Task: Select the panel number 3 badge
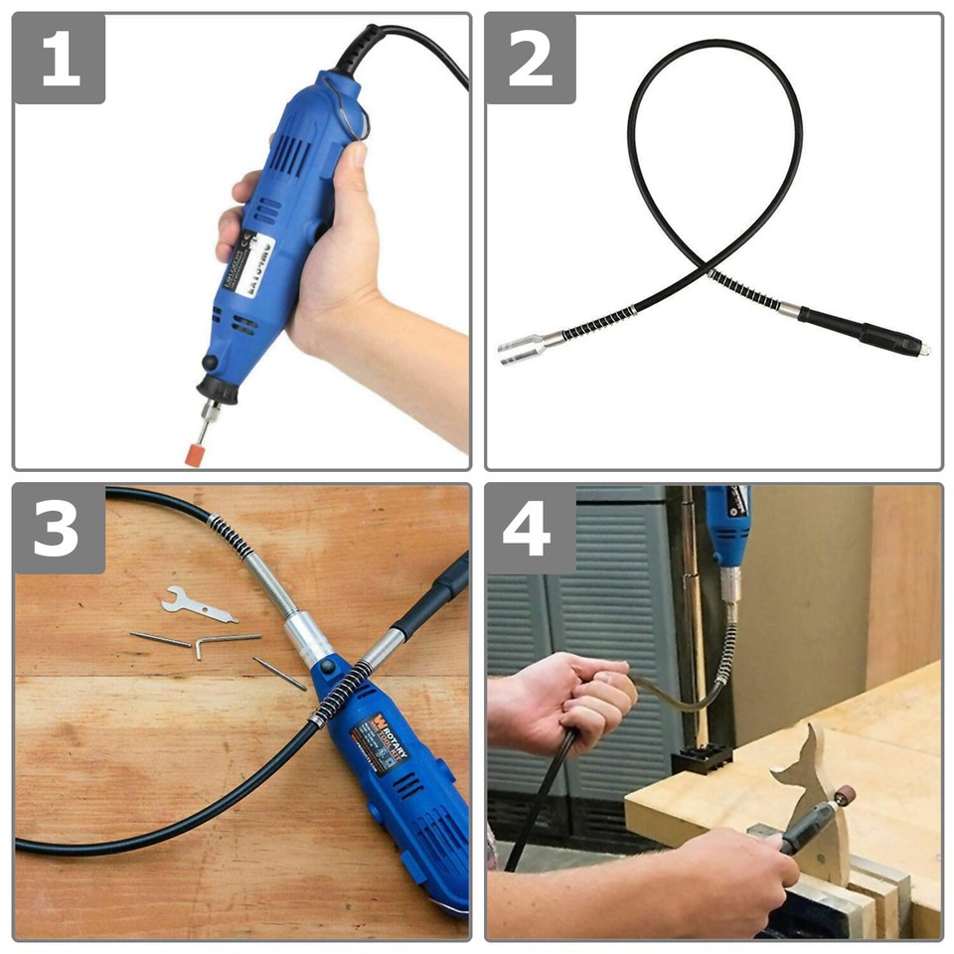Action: tap(60, 530)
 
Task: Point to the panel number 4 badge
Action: tap(531, 530)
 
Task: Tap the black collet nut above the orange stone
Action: tap(219, 388)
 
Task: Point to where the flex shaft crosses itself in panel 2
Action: tap(709, 266)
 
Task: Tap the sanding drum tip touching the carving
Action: tap(845, 795)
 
